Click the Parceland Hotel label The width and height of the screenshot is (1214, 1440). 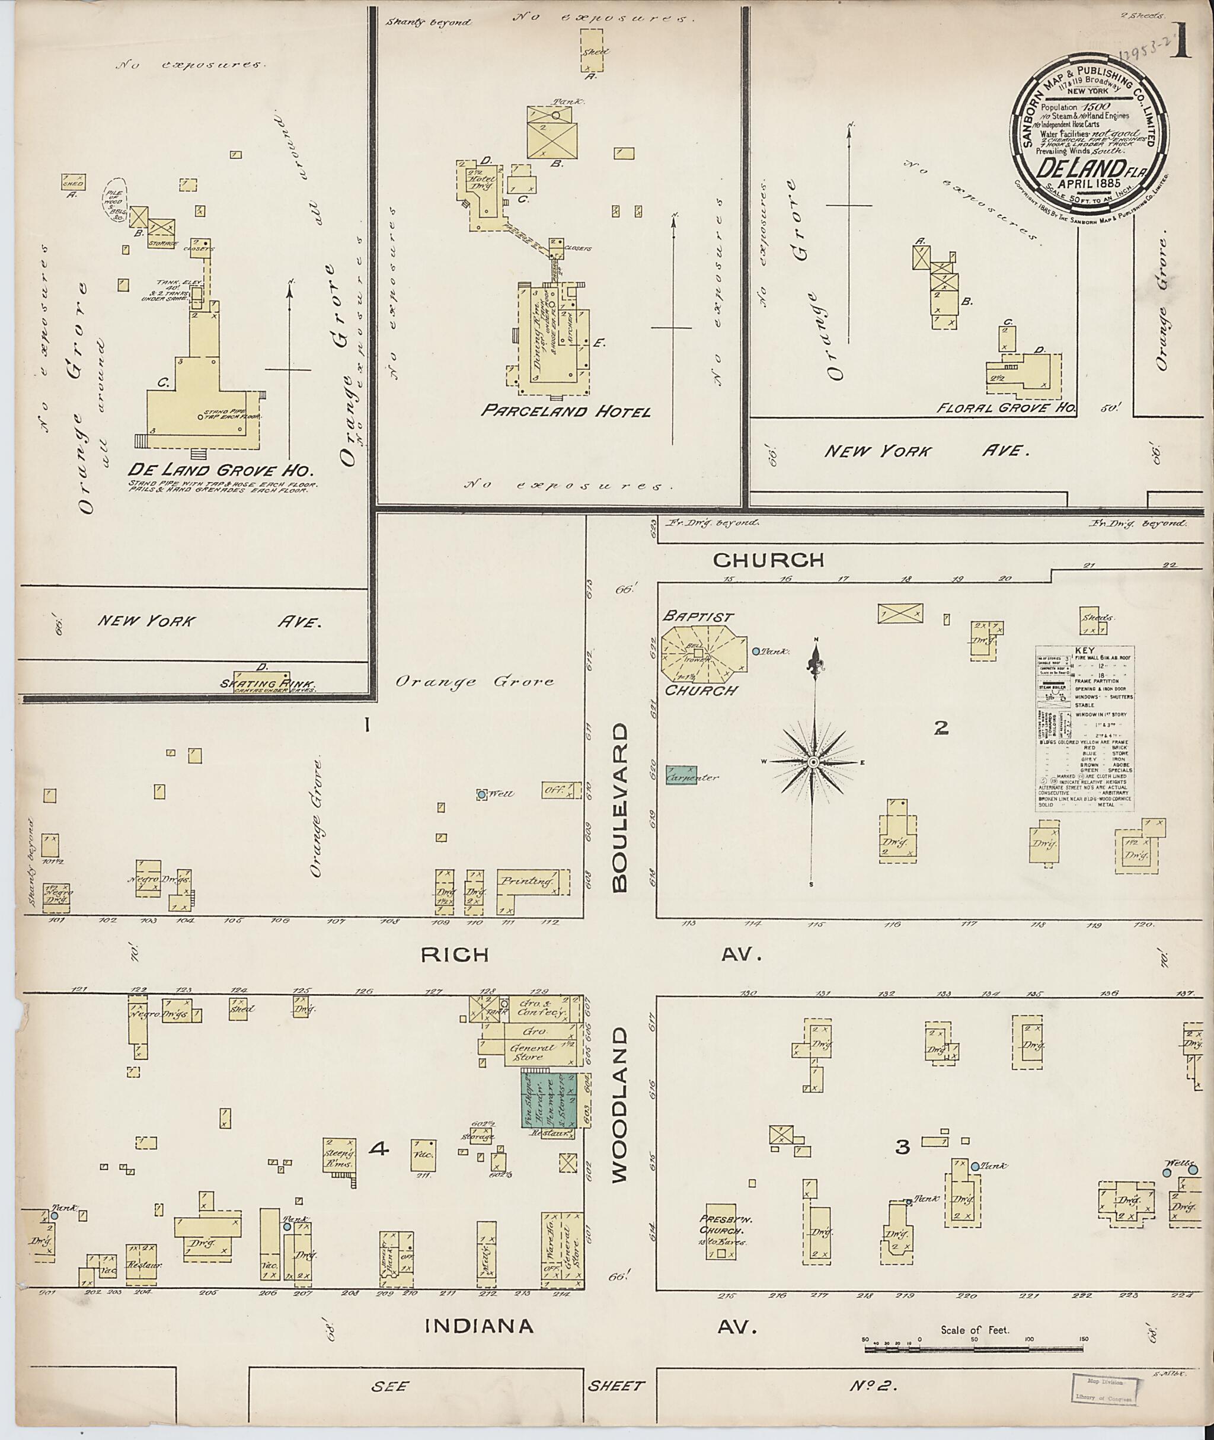(x=565, y=411)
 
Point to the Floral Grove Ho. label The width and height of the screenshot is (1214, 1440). (x=1006, y=407)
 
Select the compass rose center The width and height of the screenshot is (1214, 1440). (x=813, y=762)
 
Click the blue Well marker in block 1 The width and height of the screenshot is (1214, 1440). (x=482, y=794)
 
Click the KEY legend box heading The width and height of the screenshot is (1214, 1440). (x=1085, y=649)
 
